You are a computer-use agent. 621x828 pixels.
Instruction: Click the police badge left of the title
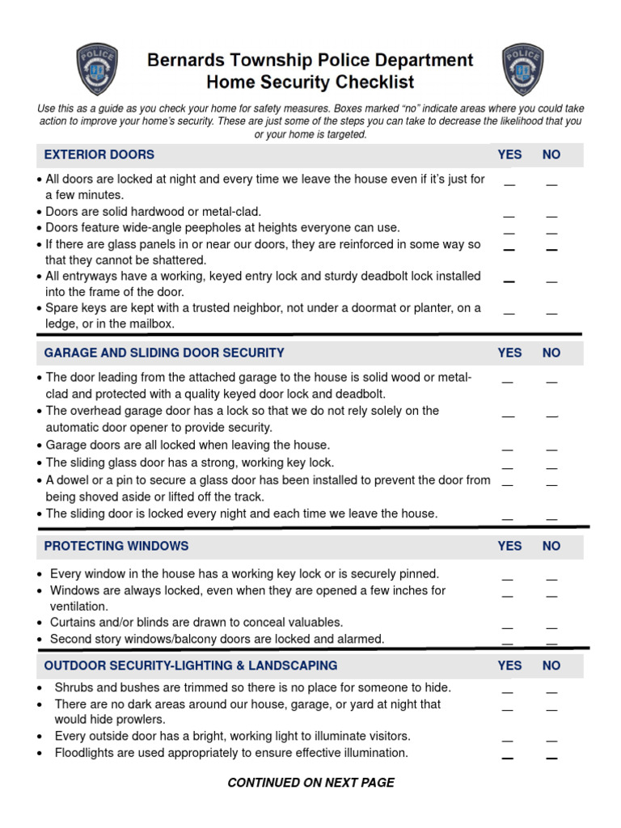[x=97, y=70]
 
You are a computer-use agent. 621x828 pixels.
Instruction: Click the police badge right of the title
[x=522, y=70]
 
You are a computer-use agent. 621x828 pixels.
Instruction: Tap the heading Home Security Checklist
[x=310, y=82]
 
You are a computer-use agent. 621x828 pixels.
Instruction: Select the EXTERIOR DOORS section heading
[x=99, y=154]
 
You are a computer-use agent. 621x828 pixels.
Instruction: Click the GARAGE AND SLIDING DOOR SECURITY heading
[x=164, y=353]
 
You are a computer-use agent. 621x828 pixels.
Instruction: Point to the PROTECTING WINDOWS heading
[x=116, y=546]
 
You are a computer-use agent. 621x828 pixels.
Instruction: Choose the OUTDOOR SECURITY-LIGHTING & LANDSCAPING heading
[x=191, y=665]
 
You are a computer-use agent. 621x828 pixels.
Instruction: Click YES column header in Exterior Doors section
[x=509, y=154]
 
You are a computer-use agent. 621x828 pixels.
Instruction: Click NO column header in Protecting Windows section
[x=551, y=546]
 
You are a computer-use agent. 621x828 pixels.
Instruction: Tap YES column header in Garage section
[x=509, y=353]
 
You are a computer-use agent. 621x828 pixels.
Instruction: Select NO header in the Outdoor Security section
[x=551, y=665]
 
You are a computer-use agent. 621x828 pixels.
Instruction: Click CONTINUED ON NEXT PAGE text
[x=310, y=782]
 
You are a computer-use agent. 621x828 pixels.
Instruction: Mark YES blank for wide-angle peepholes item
[x=509, y=232]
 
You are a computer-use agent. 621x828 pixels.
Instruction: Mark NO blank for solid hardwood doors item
[x=551, y=216]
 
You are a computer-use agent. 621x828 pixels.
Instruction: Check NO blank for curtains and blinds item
[x=551, y=627]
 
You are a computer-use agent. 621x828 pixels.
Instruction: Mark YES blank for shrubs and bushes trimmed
[x=508, y=692]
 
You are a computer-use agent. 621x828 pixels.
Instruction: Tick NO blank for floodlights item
[x=551, y=758]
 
